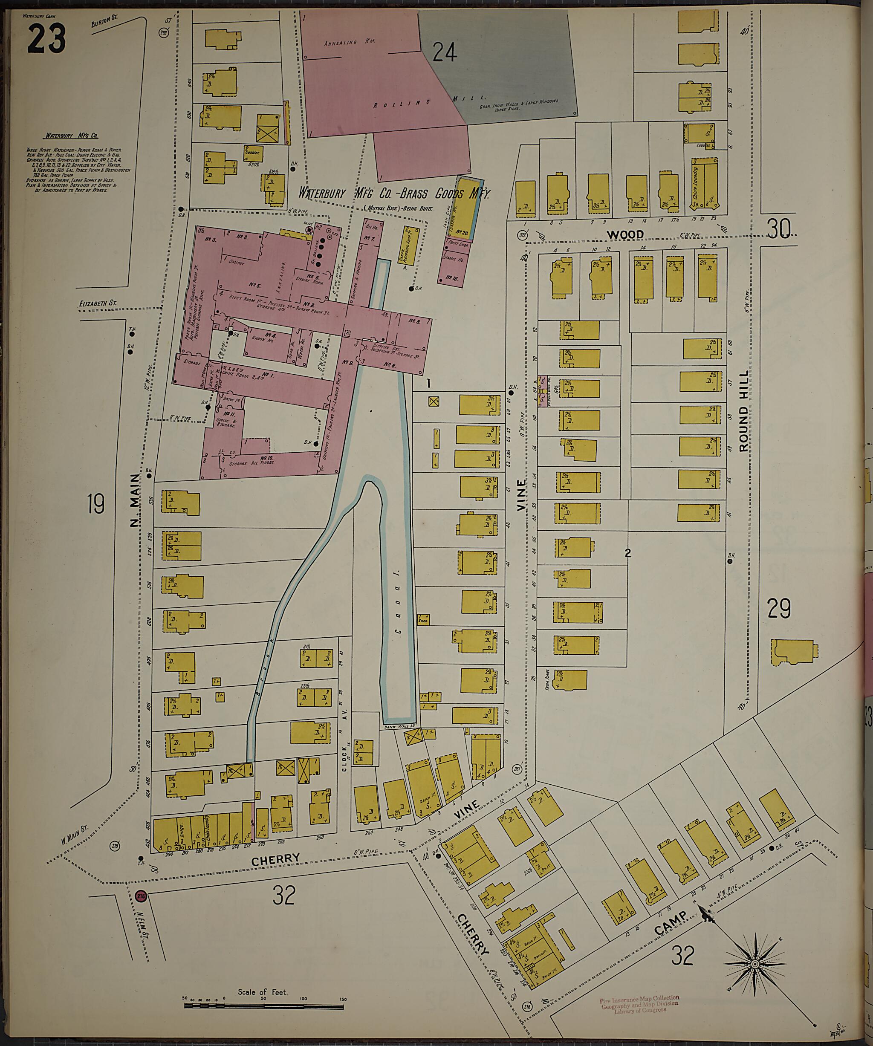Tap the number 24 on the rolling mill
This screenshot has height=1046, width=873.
tap(444, 52)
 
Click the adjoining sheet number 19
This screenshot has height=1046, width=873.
tap(95, 503)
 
